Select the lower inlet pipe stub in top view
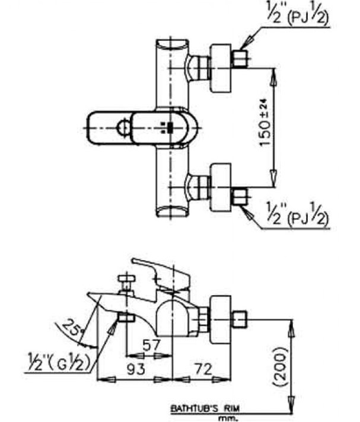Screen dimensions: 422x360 240,196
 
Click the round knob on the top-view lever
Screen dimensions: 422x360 123,127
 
